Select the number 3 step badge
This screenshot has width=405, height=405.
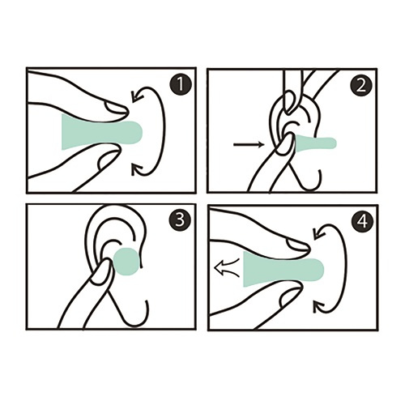pyautogui.click(x=180, y=220)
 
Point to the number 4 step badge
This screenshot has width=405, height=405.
pyautogui.click(x=363, y=222)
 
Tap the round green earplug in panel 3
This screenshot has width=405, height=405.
pyautogui.click(x=126, y=261)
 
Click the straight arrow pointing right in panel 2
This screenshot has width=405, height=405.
pyautogui.click(x=249, y=145)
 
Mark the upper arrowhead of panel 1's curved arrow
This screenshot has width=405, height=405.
pyautogui.click(x=135, y=96)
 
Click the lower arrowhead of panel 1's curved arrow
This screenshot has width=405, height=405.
pyautogui.click(x=136, y=169)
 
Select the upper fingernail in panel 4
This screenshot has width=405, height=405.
pyautogui.click(x=297, y=245)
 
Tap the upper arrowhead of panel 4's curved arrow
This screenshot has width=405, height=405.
pyautogui.click(x=318, y=233)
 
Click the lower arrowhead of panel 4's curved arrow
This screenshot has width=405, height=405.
pyautogui.click(x=318, y=306)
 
